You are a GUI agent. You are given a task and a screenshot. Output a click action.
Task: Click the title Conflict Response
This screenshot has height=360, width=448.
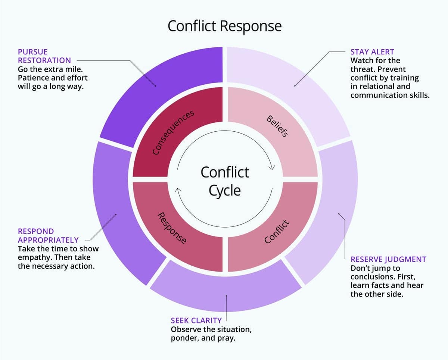224,26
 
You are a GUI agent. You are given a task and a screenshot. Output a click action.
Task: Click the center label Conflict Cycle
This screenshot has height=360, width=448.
224,181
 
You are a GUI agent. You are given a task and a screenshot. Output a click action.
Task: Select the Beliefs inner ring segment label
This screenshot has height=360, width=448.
277,126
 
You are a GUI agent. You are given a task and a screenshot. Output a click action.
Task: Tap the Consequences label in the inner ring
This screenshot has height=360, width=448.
174,132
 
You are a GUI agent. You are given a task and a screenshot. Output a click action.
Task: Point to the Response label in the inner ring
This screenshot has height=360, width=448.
172,228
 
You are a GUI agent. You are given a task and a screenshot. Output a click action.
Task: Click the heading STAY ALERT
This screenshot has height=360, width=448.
372,52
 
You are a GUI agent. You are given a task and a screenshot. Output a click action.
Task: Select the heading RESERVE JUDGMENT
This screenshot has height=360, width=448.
388,259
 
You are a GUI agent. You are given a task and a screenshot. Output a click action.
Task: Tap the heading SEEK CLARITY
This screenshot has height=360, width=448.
196,320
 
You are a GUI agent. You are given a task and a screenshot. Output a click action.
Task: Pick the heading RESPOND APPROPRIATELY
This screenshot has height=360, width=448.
48,236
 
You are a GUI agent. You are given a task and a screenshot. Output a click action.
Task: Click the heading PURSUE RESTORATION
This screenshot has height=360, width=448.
44,56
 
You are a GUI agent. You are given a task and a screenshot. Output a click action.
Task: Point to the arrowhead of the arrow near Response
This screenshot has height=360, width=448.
178,191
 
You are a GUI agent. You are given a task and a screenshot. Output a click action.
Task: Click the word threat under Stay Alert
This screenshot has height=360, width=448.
362,69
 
